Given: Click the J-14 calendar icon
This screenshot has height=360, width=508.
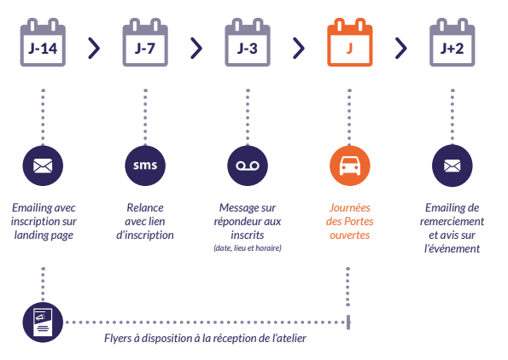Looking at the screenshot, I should [x=42, y=46].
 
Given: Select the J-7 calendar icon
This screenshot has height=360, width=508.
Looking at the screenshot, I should [x=144, y=46].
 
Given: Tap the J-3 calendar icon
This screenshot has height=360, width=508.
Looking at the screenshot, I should [x=247, y=46].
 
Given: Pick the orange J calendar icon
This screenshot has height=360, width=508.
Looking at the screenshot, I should [x=349, y=46].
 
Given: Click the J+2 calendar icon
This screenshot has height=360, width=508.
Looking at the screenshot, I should [x=452, y=46].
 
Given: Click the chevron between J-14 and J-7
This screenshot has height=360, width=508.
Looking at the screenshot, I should [x=94, y=48].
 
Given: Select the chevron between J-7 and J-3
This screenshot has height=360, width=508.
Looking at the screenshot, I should [x=196, y=48].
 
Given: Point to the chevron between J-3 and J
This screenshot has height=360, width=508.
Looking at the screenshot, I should [x=299, y=48].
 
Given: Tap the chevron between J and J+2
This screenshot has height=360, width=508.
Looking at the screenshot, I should [x=401, y=48].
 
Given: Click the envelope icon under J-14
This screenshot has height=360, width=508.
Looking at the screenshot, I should [x=42, y=165].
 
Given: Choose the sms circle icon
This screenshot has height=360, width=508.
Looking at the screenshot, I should [x=144, y=165].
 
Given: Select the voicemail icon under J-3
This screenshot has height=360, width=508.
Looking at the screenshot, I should [x=247, y=165].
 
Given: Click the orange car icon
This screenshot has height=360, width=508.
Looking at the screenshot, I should [x=349, y=165].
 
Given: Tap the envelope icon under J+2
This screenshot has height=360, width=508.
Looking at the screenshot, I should [x=452, y=165].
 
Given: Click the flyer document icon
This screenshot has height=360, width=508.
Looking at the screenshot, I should [x=42, y=322].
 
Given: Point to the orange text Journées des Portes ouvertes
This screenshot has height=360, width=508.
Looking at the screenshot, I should [x=349, y=221].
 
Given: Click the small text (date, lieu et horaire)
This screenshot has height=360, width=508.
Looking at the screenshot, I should [x=247, y=248].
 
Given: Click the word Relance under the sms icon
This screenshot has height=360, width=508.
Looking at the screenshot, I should [x=144, y=207].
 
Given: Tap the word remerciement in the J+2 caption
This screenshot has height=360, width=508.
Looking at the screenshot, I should [x=453, y=221].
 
